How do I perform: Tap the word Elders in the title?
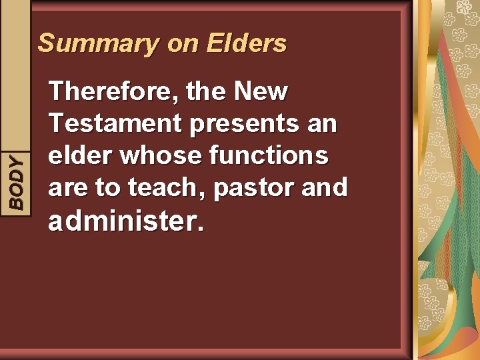pyautogui.click(x=247, y=44)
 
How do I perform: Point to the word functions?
pyautogui.click(x=268, y=155)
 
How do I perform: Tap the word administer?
pyautogui.click(x=121, y=221)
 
